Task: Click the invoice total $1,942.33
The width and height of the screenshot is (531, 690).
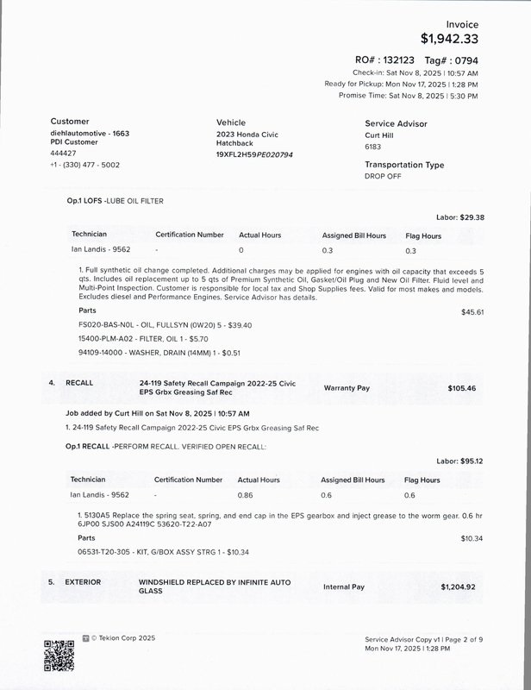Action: [449, 39]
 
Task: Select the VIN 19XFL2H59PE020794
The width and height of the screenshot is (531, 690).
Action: [254, 154]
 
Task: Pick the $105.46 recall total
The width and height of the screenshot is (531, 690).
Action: [461, 388]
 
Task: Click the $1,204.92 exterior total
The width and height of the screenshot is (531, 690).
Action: [458, 586]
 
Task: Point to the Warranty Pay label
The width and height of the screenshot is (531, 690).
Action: [347, 388]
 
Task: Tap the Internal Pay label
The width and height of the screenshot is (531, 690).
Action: [344, 586]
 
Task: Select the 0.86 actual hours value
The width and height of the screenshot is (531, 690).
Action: [247, 495]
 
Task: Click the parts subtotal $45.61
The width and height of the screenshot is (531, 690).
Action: [472, 311]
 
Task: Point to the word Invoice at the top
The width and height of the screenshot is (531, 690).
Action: [461, 24]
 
